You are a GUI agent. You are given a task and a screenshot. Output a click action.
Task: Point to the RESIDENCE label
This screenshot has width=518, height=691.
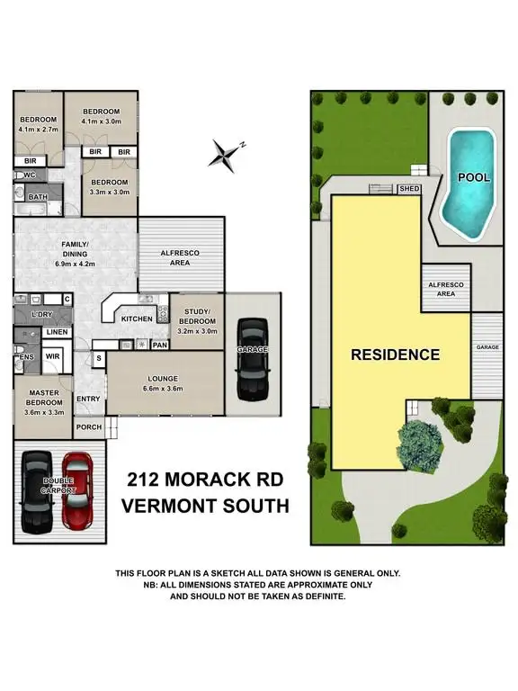395,354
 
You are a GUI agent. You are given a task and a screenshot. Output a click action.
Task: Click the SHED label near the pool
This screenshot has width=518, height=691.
409,189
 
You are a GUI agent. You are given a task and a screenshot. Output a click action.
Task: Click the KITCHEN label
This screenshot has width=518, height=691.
136,319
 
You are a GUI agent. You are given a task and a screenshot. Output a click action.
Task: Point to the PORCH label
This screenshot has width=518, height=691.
88,428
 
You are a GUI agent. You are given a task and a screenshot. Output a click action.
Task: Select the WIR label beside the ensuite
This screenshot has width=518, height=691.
52,357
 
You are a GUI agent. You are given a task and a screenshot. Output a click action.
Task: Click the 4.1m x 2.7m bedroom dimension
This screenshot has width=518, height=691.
39,130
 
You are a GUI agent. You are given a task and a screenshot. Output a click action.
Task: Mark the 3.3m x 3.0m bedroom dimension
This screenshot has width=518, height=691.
111,192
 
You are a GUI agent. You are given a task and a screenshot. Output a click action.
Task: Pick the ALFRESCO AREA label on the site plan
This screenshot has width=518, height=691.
446,288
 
